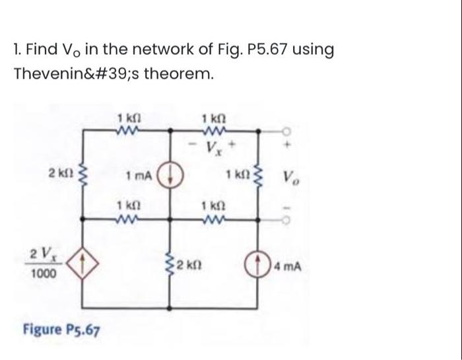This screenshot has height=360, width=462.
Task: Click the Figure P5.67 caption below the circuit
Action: point(61,328)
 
